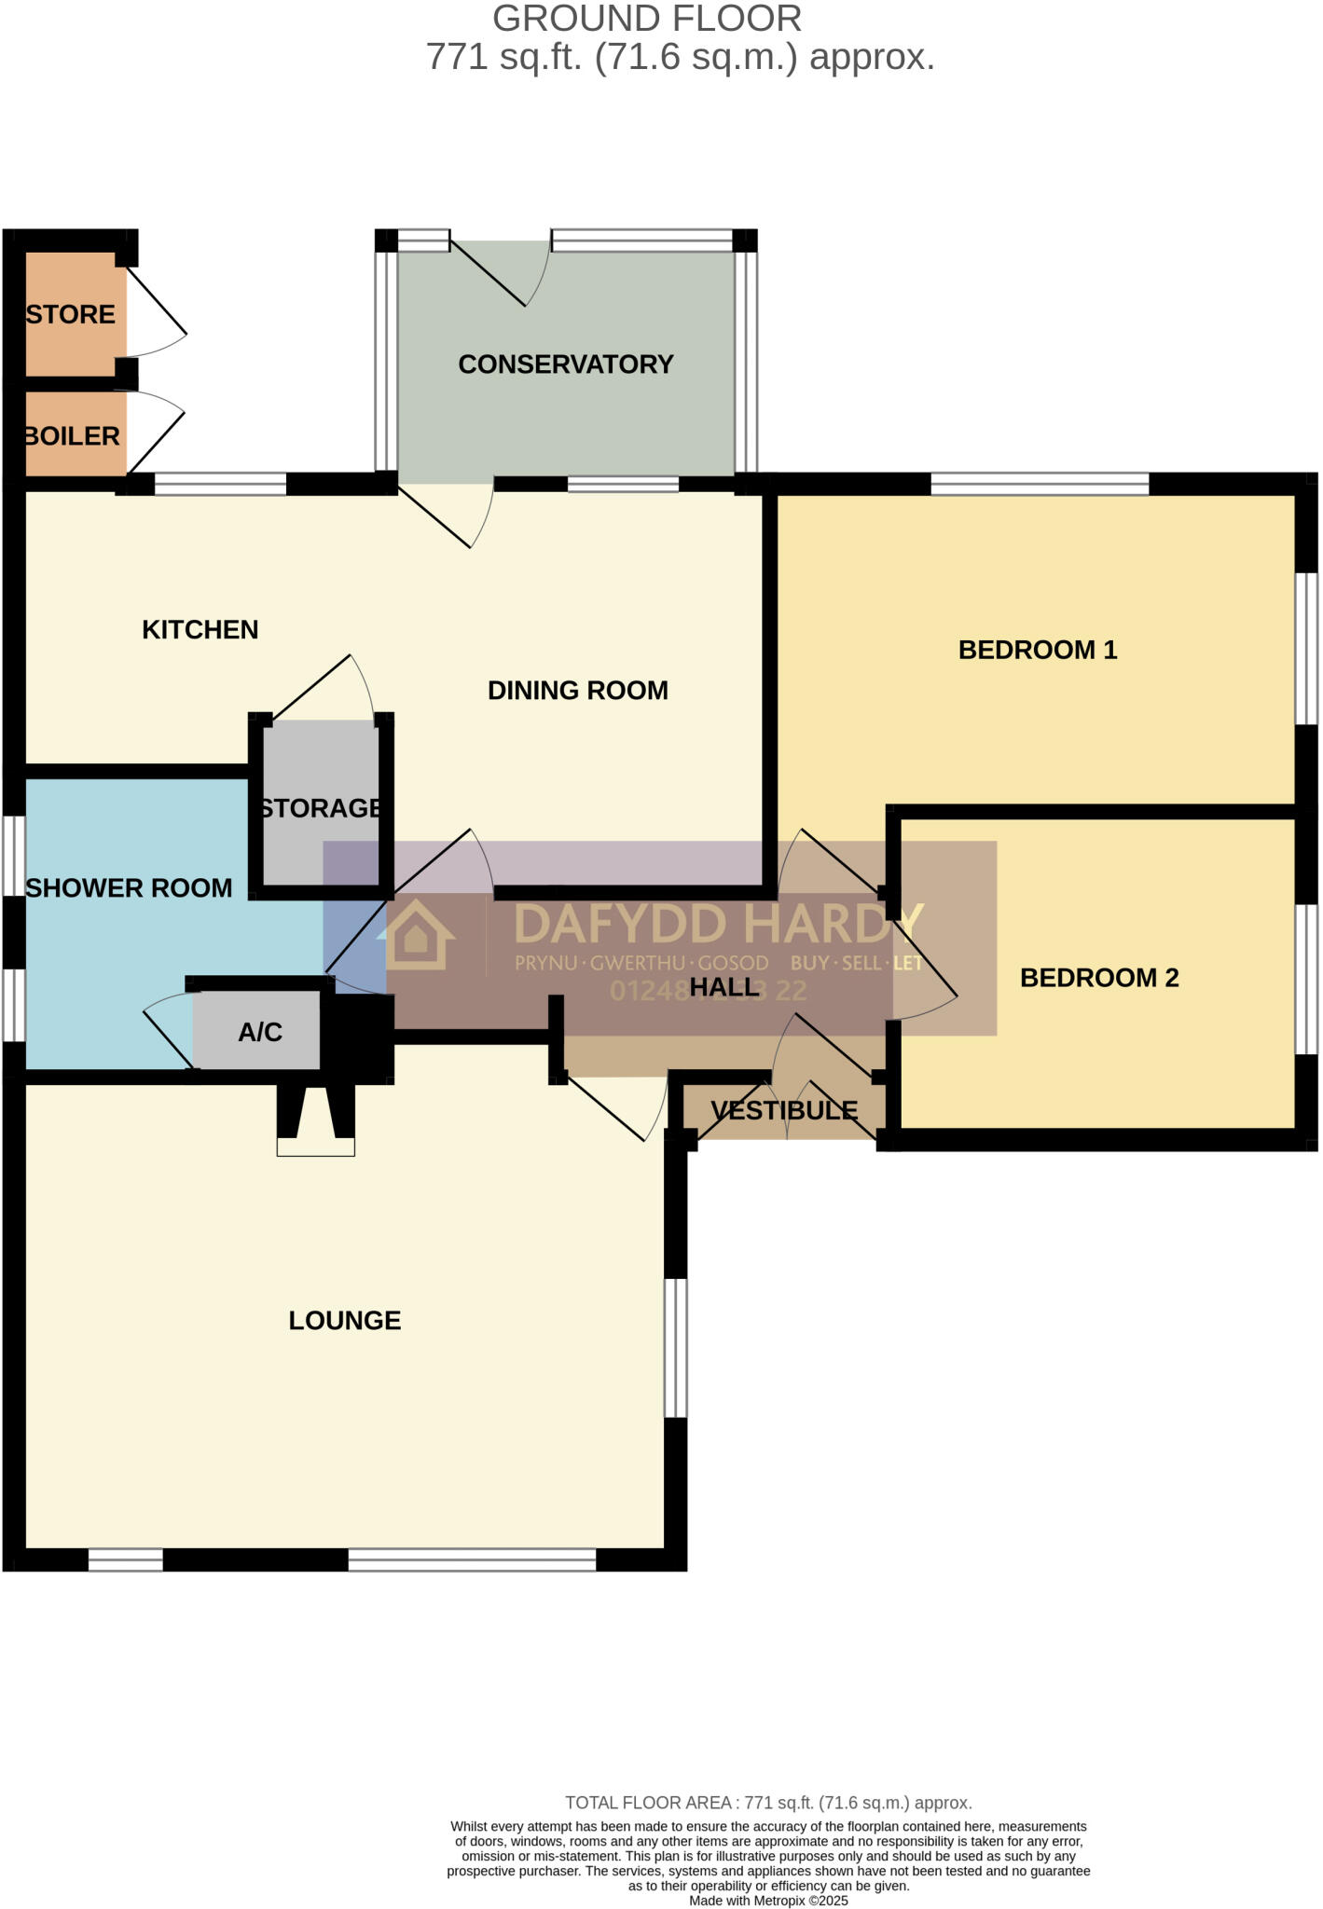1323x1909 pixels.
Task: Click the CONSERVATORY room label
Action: pos(565,364)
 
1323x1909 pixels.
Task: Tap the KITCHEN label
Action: pos(200,630)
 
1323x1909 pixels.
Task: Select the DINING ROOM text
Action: pos(577,691)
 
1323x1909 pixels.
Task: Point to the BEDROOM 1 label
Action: pos(1037,650)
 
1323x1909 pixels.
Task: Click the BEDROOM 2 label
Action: pos(1098,978)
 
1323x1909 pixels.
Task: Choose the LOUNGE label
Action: pos(344,1320)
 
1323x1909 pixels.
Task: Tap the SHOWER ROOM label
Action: pos(129,888)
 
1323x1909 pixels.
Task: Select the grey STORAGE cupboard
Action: pos(321,806)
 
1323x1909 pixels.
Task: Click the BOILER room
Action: pos(73,436)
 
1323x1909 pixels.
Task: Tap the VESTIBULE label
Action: pos(783,1110)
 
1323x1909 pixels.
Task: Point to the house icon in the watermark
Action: pos(416,934)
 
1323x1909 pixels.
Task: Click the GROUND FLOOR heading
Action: pos(646,19)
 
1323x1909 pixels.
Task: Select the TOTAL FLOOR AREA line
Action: pos(768,1803)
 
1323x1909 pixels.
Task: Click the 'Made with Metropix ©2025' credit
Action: pos(768,1901)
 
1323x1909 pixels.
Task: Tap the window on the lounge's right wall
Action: pos(676,1348)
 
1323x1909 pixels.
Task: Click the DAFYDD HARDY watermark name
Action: pos(718,924)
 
